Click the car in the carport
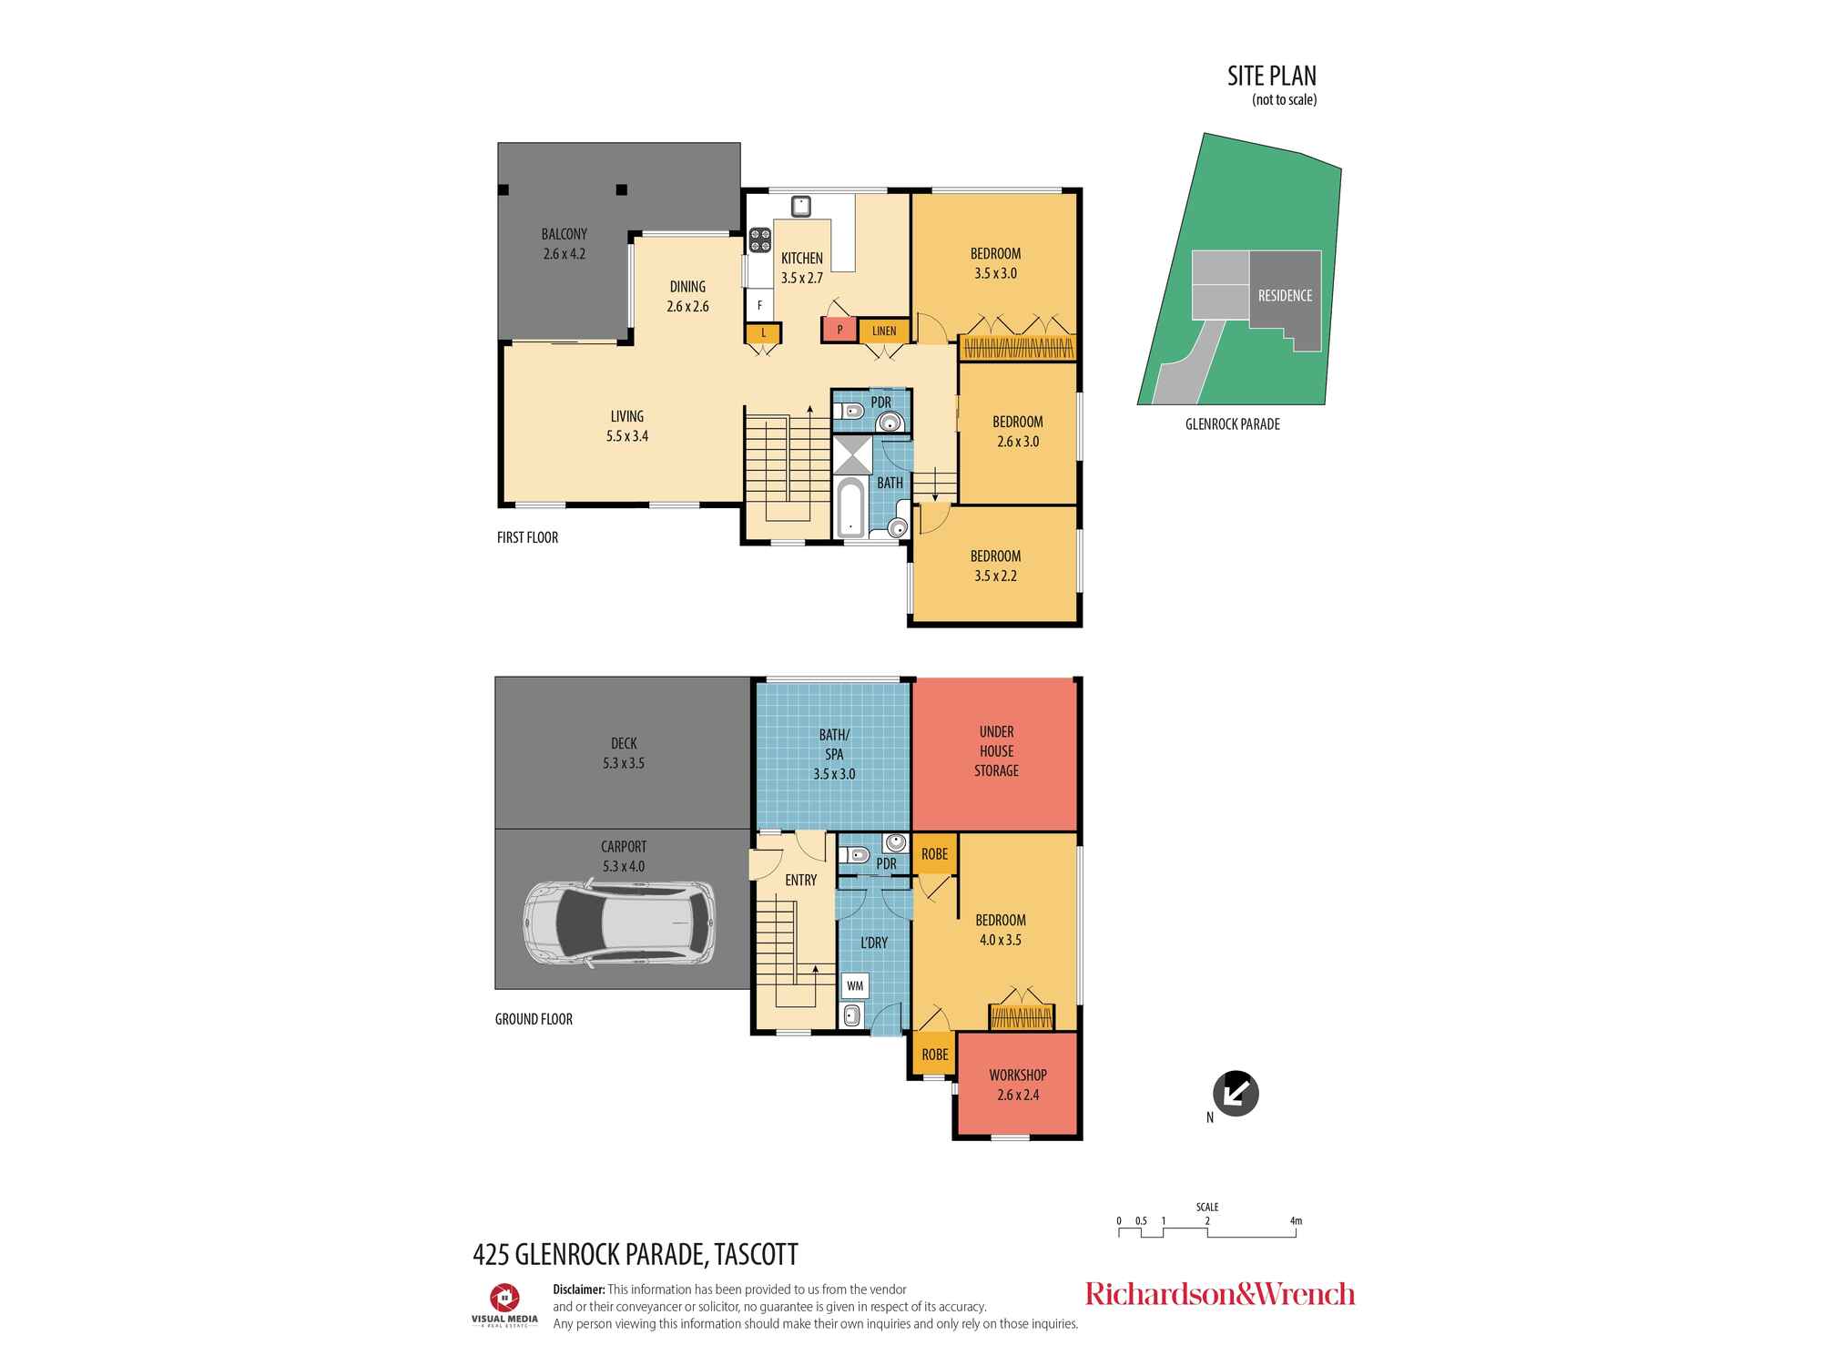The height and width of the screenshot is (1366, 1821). pos(618,922)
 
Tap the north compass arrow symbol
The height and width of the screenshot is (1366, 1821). pos(1236,1093)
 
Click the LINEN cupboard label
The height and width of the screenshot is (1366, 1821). pos(884,331)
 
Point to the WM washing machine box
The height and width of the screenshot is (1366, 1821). pos(855,985)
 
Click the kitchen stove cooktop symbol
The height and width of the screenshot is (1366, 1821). pos(760,240)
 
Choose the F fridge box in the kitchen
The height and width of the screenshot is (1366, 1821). pos(759,306)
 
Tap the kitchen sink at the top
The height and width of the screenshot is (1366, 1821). pos(800,206)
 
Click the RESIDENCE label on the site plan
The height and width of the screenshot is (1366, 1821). pos(1285,296)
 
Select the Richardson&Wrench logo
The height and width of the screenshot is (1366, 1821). pos(1220,1294)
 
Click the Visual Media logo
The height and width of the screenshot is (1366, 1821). pos(504,1304)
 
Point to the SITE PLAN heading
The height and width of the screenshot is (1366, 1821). pos(1272,76)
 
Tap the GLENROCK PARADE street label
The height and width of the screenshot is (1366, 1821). pos(1233,424)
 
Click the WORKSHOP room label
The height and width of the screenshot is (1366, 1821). pos(1018,1075)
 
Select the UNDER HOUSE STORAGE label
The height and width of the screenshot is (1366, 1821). pos(997,751)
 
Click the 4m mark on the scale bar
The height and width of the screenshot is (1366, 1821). pos(1296,1221)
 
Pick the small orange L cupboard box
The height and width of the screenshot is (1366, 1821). pos(763,333)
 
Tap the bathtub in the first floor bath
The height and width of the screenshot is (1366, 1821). pos(849,509)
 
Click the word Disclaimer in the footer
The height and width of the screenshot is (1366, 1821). pos(579,1290)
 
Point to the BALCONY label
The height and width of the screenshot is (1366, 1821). pos(565,235)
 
